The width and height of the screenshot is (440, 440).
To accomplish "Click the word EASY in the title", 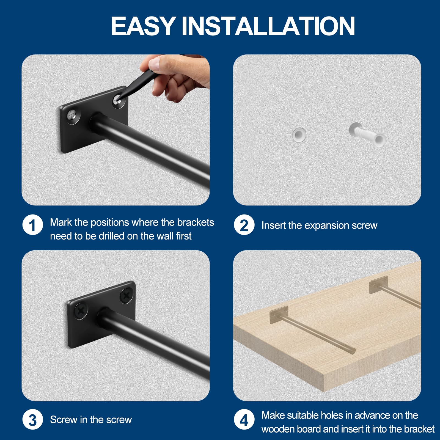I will coord(143,26).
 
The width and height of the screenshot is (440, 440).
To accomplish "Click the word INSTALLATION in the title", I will coord(268,26).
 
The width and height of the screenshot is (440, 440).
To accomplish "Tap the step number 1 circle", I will coord(32,225).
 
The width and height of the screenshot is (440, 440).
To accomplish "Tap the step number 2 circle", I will coord(244,225).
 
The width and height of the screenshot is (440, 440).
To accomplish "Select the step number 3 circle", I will coord(32,420).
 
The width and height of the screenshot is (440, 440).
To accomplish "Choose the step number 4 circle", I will coord(244,420).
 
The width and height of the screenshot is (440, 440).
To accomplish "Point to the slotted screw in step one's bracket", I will coord(73,115).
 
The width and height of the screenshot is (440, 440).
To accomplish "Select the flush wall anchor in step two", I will coord(299,135).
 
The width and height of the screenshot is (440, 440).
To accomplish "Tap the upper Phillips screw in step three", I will coord(126,296).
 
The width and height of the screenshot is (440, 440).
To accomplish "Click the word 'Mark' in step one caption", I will coord(61,222).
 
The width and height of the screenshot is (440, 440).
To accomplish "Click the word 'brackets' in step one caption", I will coord(196,222).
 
